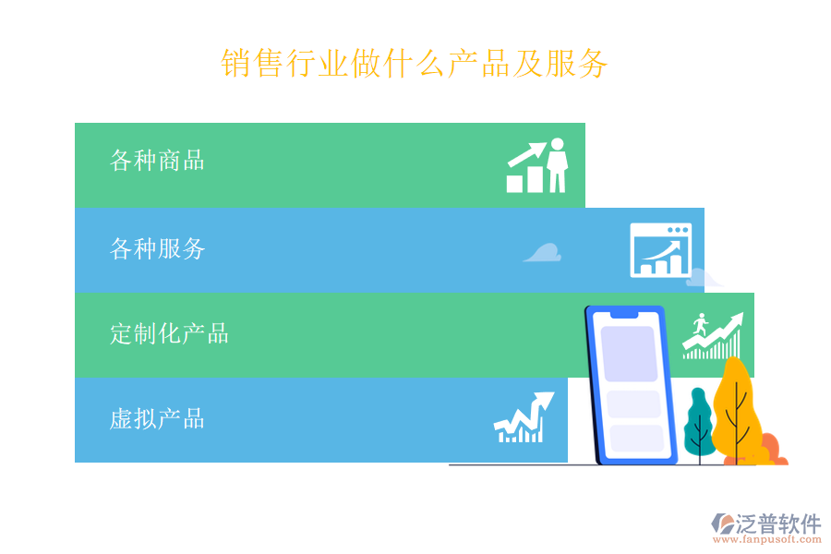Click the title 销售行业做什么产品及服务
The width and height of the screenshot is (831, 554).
point(415,64)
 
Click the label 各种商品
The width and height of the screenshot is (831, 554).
point(157,161)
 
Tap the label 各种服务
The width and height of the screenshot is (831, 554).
point(157,248)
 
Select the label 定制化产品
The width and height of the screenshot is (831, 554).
point(169,333)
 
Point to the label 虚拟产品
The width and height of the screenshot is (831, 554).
point(157,419)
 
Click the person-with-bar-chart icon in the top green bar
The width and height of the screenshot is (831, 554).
point(536,166)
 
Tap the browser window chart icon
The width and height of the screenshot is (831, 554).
point(660,250)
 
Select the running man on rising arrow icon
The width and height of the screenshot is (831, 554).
point(712,334)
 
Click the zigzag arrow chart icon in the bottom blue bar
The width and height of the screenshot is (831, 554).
point(523,418)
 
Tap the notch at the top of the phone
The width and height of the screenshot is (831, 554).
point(623,315)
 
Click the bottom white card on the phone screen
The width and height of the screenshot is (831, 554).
point(636,438)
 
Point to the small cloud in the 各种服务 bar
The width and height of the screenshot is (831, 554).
point(543,252)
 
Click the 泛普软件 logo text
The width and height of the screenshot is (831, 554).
point(777,524)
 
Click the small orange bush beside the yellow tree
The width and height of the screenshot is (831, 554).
point(774,452)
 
